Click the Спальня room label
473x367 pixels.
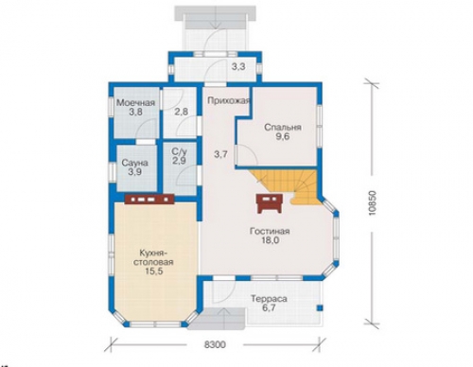283,128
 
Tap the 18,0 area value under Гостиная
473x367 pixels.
270,240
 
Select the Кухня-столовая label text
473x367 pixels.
153,257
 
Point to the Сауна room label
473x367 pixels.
135,163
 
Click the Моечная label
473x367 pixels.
135,103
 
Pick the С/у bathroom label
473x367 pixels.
180,151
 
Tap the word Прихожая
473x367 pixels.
228,101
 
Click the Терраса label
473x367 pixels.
269,298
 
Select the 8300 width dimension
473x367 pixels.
215,344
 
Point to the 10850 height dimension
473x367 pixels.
373,202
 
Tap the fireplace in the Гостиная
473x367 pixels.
270,203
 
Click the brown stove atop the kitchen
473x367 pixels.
149,199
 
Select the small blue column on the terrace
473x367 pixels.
320,307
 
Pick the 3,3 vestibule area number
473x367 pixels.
238,67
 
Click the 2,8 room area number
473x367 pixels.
181,112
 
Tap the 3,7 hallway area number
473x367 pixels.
220,154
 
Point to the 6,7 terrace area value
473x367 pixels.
269,307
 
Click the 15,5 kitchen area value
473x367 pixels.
154,271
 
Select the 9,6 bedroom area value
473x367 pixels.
283,136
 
